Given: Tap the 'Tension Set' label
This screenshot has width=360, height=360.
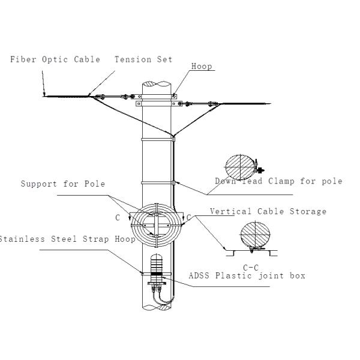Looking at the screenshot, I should click(x=144, y=59).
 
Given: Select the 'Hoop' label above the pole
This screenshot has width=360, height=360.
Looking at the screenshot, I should click(x=202, y=67).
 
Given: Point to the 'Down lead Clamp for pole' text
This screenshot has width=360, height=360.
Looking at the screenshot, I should click(x=278, y=181).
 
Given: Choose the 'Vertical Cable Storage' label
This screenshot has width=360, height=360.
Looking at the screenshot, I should click(x=268, y=211).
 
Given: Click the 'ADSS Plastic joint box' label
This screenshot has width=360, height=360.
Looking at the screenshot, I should click(x=247, y=275).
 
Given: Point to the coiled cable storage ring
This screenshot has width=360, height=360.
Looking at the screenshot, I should click(x=155, y=226).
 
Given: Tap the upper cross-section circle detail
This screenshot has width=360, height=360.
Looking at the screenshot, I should click(x=239, y=165).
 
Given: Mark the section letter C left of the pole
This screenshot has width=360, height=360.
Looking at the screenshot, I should click(x=118, y=217).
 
